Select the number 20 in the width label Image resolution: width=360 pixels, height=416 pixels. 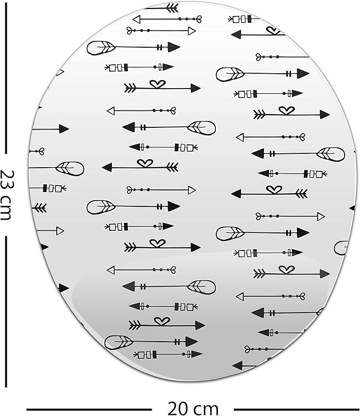pos(178,409)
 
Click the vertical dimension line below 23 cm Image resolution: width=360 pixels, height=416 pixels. pos(6,311)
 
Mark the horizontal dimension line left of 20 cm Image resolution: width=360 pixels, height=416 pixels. pos(89,410)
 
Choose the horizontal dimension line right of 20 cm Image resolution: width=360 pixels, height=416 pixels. pos(296,410)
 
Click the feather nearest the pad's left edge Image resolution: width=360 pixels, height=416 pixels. pos(70,169)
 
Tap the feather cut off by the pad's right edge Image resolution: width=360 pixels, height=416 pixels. pos(341,248)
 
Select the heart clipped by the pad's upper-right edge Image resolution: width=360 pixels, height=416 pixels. pos(274,31)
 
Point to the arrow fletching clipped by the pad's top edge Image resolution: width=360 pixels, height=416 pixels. pos(172,8)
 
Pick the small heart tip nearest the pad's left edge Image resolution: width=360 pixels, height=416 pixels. pos(41,152)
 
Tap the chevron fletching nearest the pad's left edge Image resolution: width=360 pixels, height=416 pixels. pos(41,208)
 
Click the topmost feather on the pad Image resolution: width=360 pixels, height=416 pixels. pos(101,48)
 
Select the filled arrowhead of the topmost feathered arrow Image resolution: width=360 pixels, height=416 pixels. pos(174,47)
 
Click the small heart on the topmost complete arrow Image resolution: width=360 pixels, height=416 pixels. pos(198,19)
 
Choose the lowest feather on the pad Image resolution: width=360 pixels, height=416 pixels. pos(118,342)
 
